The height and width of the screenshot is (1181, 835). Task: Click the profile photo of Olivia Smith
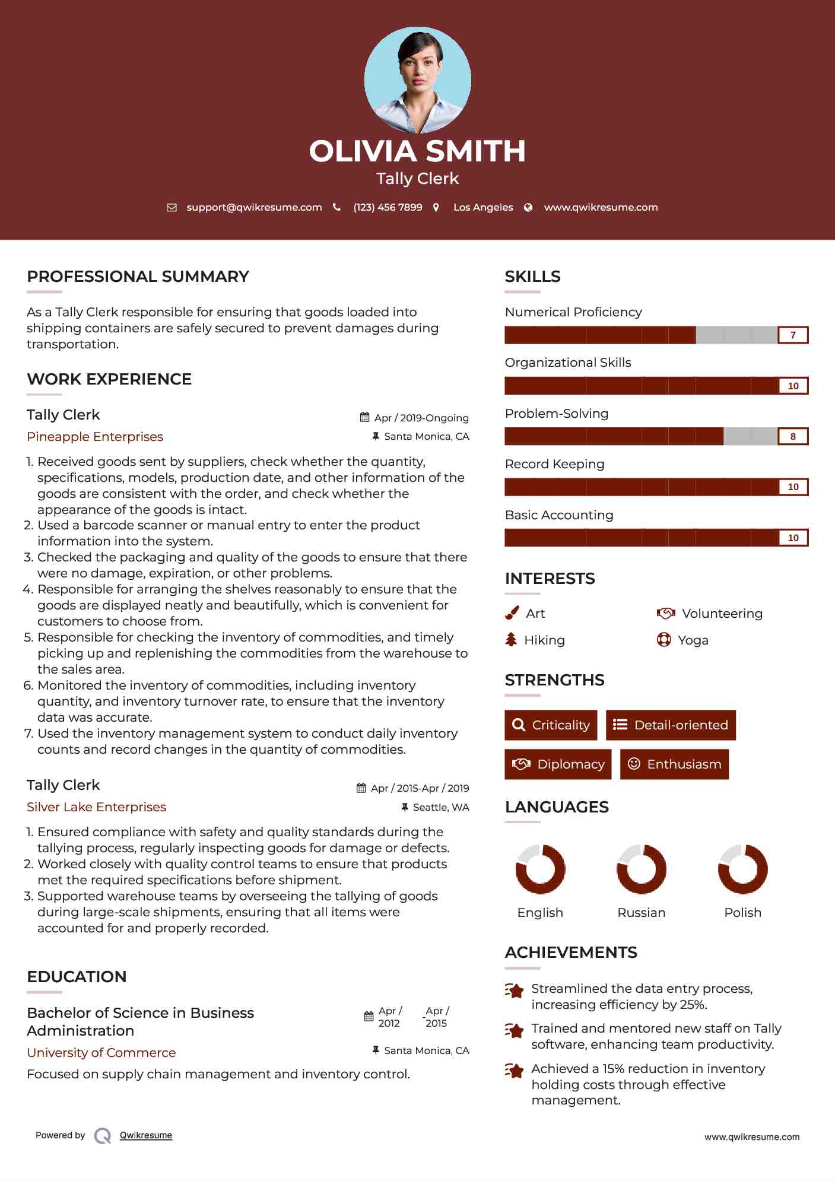[418, 80]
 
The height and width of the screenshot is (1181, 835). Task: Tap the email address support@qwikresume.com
[254, 207]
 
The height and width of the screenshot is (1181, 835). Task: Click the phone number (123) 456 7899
[388, 207]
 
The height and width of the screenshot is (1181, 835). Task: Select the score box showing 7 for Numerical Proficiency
[793, 335]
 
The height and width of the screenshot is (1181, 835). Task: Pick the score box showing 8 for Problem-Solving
[793, 437]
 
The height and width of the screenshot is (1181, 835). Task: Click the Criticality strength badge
[551, 725]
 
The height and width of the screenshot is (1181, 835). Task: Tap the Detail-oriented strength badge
[671, 725]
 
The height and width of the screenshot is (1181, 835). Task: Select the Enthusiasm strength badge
[674, 764]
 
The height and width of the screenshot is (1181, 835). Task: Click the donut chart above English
[540, 869]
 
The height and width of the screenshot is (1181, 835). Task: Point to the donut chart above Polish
[742, 869]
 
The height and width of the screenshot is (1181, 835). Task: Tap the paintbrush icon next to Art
[512, 613]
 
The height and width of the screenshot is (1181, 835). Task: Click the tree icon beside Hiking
[511, 640]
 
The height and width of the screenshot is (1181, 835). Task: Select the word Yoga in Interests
[693, 640]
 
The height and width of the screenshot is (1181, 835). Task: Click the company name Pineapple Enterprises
[95, 437]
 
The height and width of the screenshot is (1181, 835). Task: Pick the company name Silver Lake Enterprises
[96, 807]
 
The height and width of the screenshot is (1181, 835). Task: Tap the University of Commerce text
[101, 1053]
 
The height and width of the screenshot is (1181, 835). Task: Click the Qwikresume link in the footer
[146, 1135]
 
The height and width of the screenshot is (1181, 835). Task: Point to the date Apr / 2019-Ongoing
[421, 418]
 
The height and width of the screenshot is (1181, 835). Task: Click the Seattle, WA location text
[441, 807]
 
